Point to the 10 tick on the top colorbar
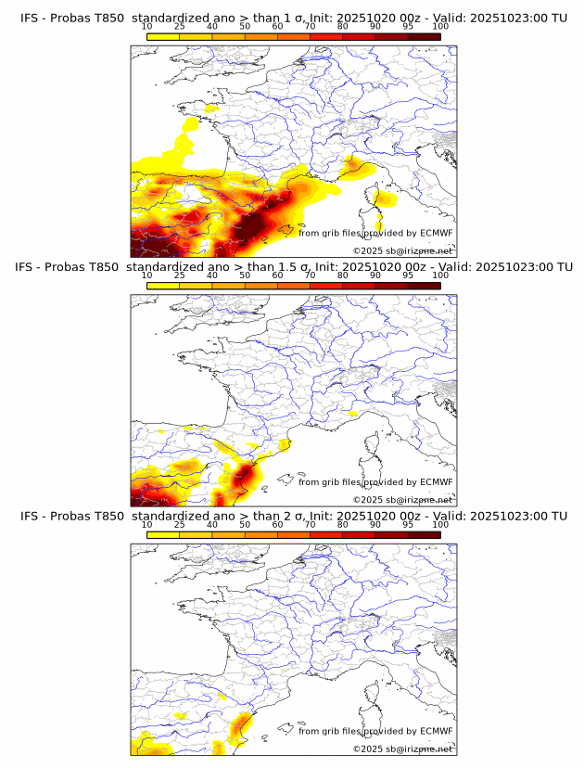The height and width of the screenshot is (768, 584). [x=147, y=28]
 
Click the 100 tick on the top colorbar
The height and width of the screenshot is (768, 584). [x=440, y=28]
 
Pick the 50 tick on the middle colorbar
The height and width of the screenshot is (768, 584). [x=245, y=276]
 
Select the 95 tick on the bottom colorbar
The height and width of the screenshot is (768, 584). [x=408, y=524]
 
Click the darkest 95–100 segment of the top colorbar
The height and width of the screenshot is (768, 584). [x=424, y=37]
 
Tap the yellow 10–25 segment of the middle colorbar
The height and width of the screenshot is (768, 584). [x=163, y=286]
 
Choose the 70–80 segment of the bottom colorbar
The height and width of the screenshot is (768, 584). [x=326, y=534]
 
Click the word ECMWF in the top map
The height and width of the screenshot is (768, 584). [x=436, y=234]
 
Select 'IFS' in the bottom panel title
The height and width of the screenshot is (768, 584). [x=31, y=516]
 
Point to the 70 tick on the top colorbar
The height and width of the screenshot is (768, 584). [x=310, y=28]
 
